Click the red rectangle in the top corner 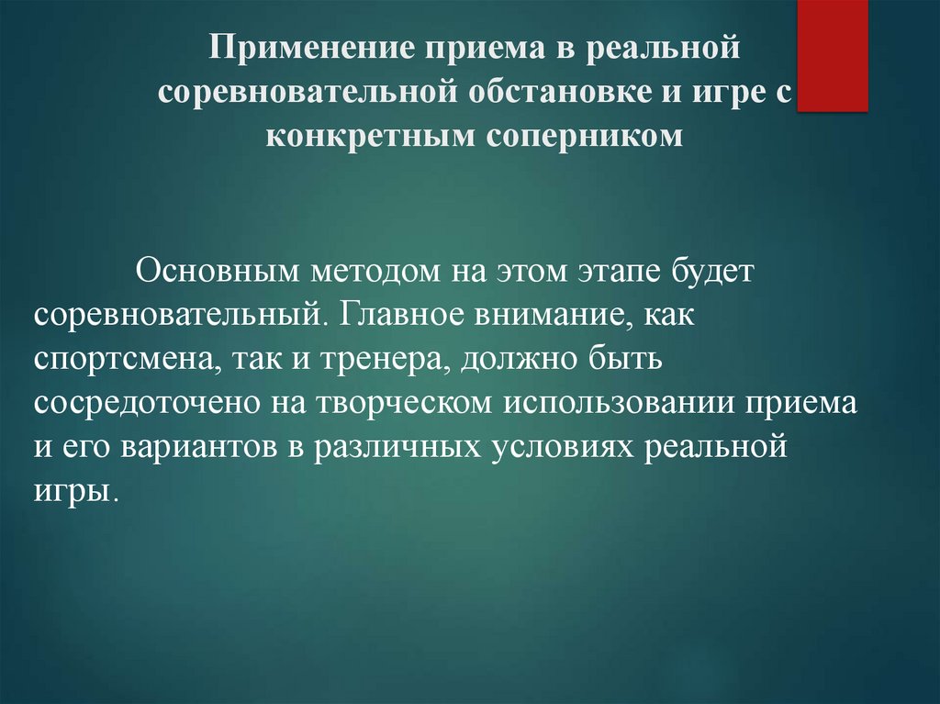[x=832, y=55]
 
